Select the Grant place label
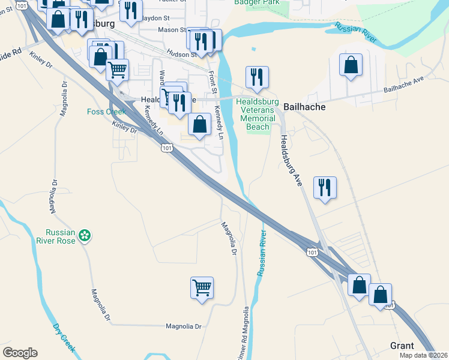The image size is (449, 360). coord(402,346)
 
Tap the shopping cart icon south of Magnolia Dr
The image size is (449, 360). coord(202,287)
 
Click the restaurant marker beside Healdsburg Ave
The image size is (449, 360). coord(325,187)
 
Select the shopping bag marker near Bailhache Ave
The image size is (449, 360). coord(351,65)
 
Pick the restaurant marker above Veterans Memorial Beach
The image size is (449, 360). coord(257,77)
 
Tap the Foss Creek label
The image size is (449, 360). coord(106,112)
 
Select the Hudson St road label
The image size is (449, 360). coord(182,54)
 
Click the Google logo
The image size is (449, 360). coord(20,353)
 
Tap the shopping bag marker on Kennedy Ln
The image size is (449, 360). coord(199,124)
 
